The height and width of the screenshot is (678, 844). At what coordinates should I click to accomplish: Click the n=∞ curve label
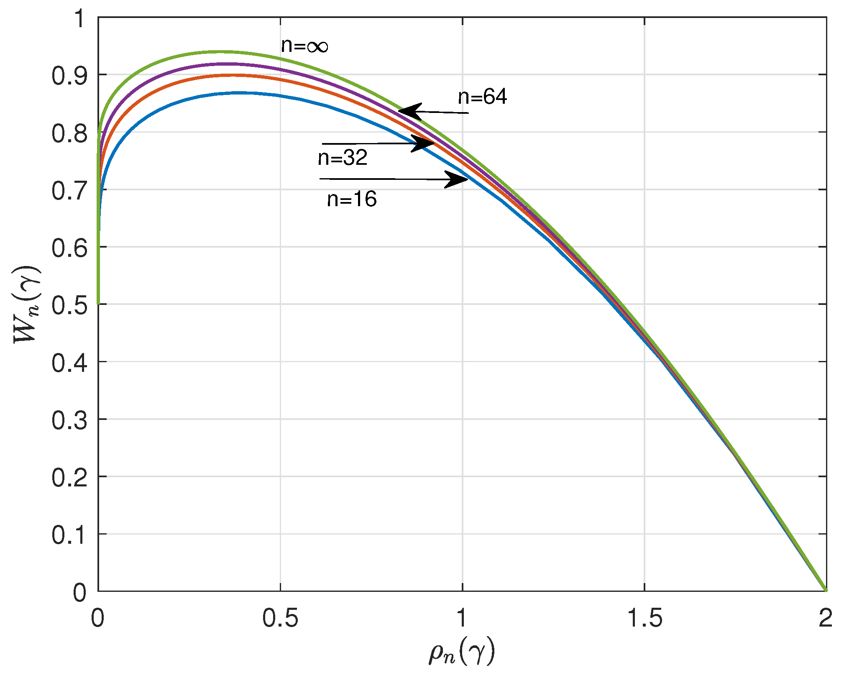[x=304, y=46]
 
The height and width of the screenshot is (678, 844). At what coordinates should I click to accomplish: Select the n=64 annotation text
[x=482, y=97]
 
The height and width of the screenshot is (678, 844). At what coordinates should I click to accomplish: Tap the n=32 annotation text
[x=343, y=158]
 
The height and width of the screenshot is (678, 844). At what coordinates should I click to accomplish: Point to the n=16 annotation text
[x=352, y=199]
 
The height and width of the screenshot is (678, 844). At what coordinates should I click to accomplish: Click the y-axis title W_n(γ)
[x=27, y=304]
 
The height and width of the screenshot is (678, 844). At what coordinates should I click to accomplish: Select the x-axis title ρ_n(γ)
[x=462, y=652]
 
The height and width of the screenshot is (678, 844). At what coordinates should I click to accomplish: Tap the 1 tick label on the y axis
[x=79, y=19]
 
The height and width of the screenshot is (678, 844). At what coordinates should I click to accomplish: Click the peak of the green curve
[x=217, y=51]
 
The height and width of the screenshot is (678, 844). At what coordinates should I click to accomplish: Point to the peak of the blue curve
[x=243, y=92]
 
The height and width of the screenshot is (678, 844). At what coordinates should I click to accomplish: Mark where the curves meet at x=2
[x=826, y=591]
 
